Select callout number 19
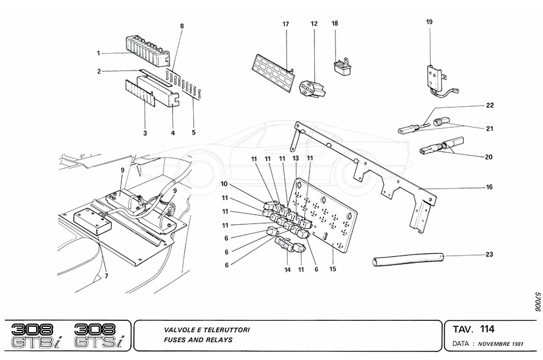point(430,22)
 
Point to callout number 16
point(489,188)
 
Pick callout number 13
point(296,158)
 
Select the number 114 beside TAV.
point(487,329)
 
